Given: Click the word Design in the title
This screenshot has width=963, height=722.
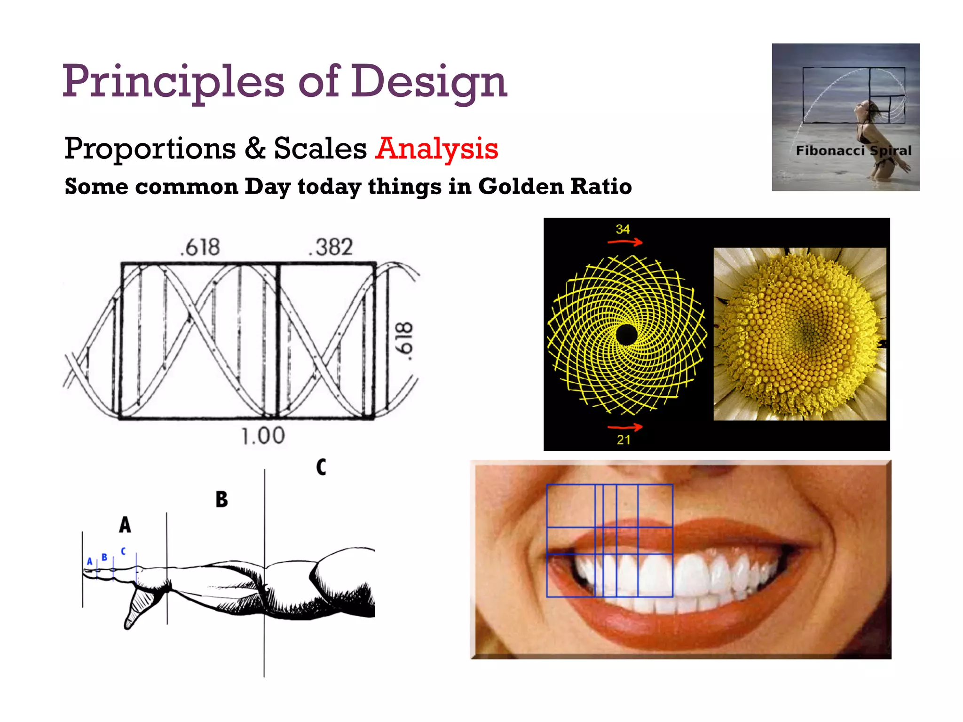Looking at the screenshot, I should click(x=429, y=82).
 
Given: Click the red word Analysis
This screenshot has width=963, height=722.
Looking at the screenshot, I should click(x=436, y=149).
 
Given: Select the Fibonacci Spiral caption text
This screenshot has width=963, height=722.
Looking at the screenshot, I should click(x=853, y=151).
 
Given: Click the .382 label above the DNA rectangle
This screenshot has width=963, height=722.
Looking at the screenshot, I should click(x=331, y=247).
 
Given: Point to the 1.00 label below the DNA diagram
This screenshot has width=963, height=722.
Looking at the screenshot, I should click(x=263, y=436).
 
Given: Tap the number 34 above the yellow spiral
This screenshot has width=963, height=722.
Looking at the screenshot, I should click(x=623, y=229).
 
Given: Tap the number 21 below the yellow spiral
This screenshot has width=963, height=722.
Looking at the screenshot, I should click(x=624, y=440).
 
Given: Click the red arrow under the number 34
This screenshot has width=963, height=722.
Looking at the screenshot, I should click(x=625, y=242).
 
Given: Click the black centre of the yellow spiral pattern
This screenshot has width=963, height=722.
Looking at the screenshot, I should click(x=626, y=335).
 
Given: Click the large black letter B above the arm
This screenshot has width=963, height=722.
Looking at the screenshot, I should click(x=221, y=499).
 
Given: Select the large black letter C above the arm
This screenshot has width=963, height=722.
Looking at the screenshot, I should click(x=321, y=467).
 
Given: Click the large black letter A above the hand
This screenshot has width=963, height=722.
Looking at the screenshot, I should click(x=125, y=525).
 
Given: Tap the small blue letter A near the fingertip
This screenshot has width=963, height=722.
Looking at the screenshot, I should click(x=89, y=561).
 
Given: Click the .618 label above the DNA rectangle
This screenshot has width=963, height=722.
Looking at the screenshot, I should click(x=200, y=247).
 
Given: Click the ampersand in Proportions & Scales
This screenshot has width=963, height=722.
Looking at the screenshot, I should click(x=255, y=149).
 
